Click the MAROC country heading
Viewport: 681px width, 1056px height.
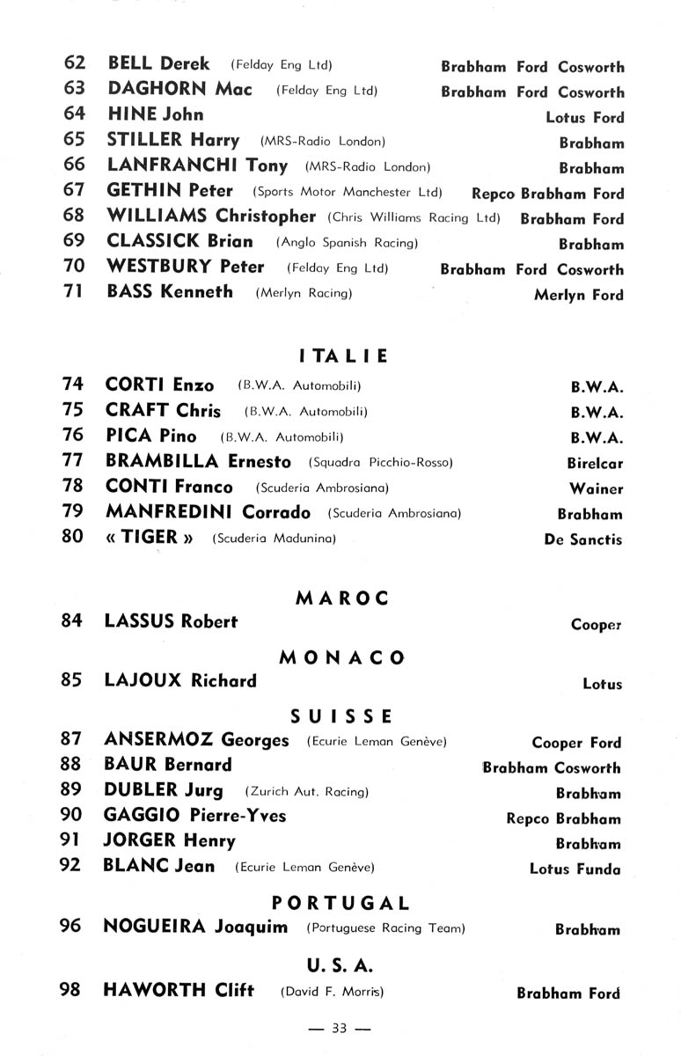coord(342,598)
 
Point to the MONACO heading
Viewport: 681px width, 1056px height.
coord(342,657)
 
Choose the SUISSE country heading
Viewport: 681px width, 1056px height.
coord(342,716)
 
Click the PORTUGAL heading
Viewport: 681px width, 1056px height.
coord(341,903)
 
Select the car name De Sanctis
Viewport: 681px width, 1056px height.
coord(582,539)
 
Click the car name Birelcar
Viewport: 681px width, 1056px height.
coord(595,463)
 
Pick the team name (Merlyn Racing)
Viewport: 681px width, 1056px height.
coord(304,294)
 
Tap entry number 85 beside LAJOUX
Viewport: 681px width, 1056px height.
coord(72,680)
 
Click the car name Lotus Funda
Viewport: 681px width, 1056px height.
coord(575,869)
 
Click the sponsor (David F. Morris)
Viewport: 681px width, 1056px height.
coord(332,992)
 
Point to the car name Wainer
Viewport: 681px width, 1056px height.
coord(596,488)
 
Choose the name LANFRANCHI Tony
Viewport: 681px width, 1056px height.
coord(197,165)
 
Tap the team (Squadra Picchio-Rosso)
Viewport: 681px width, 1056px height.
coord(380,463)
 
